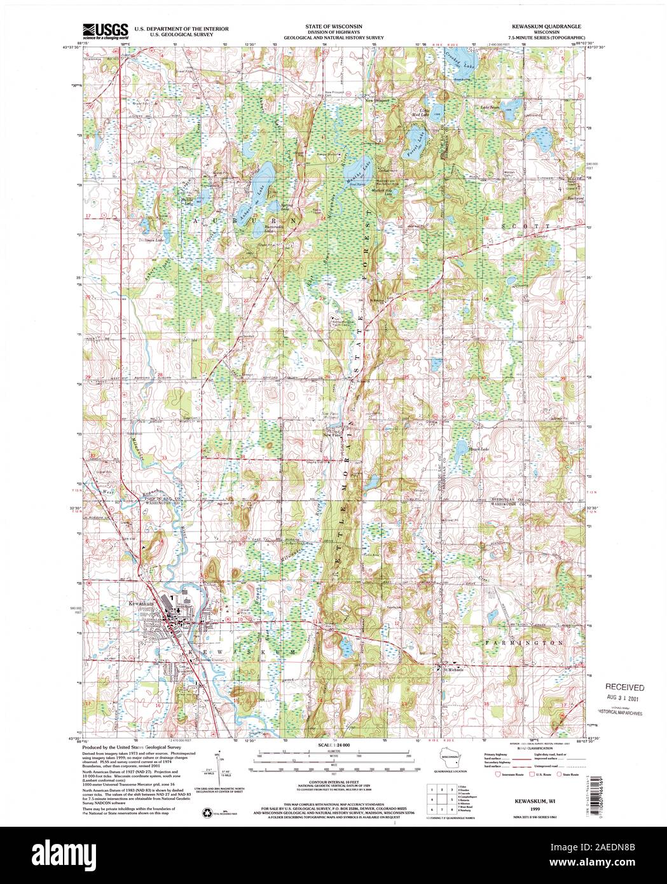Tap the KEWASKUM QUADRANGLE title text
544,27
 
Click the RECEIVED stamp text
624,687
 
